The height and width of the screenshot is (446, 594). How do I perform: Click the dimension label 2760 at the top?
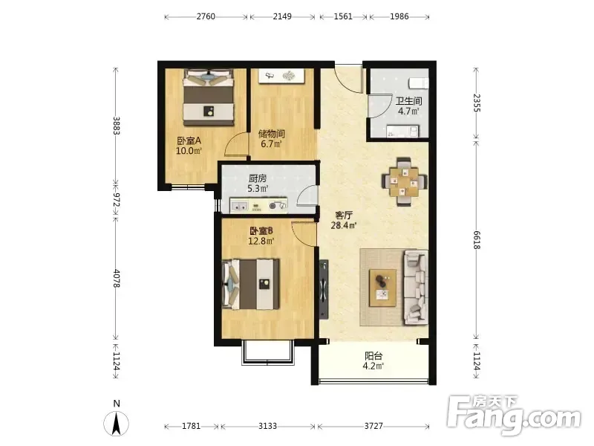[206, 16]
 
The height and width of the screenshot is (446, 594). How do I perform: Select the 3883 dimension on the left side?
[116, 126]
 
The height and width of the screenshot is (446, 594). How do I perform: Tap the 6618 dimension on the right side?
[476, 239]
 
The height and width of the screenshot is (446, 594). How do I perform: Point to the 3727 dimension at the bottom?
[373, 426]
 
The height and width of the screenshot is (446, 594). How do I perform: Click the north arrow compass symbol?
[117, 423]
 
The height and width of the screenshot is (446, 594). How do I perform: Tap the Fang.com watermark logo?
[514, 416]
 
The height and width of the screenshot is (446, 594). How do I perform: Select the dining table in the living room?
[405, 181]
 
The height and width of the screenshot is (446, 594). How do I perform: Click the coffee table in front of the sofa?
[382, 288]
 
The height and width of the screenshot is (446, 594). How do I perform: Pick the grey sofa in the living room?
[415, 288]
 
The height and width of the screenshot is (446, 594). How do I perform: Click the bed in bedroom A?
[208, 97]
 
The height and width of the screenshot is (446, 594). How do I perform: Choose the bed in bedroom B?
[251, 284]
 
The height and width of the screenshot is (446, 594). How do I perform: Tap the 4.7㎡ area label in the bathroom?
[408, 111]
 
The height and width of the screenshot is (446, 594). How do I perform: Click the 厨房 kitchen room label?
[258, 178]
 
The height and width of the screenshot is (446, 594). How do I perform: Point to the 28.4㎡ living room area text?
[343, 226]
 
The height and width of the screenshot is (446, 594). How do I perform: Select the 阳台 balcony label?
[373, 356]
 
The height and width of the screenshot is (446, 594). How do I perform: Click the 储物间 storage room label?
[271, 134]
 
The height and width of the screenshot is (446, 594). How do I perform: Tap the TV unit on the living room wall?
[323, 289]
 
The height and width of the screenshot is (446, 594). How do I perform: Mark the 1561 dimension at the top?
[343, 16]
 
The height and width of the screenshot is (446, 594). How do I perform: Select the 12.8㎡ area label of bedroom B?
[261, 241]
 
